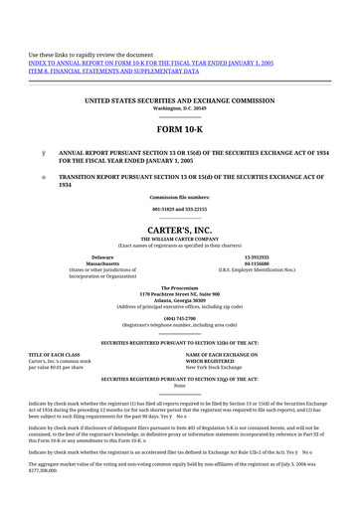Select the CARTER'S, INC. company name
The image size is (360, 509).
tap(179, 228)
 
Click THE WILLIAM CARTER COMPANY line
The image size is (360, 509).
tap(179, 239)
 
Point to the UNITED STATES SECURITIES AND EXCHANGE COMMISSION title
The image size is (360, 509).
tap(179, 101)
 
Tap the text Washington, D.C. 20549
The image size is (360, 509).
tap(179, 108)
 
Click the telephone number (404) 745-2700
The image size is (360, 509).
tap(179, 318)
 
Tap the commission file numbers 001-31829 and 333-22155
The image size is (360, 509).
tap(179, 210)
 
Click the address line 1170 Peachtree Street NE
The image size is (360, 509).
tap(179, 294)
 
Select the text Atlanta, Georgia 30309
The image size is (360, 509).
tap(179, 301)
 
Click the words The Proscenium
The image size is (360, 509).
tap(179, 287)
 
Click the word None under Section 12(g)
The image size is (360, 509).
tap(179, 386)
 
